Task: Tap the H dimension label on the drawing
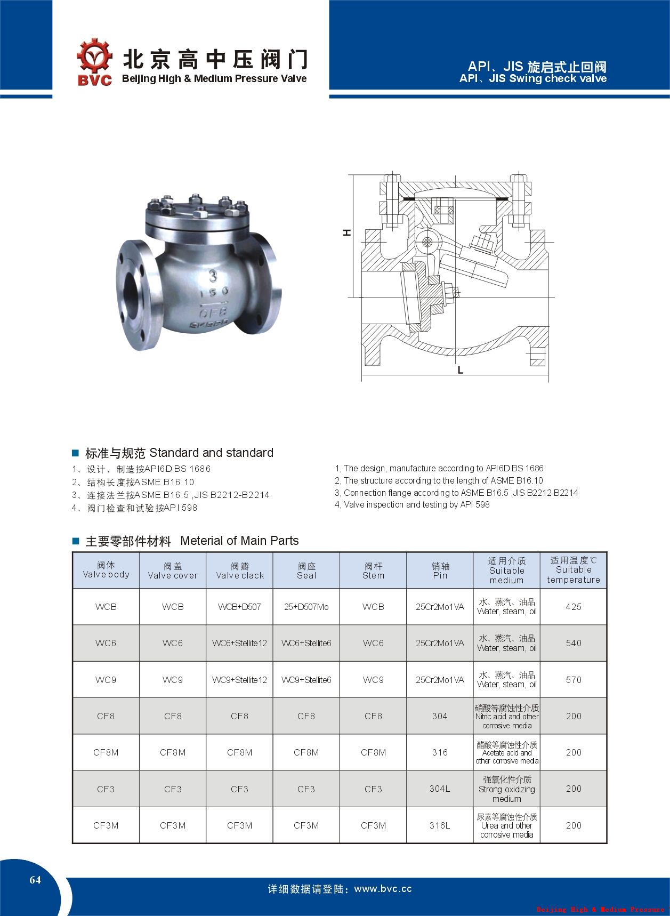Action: point(347,232)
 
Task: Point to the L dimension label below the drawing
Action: point(461,370)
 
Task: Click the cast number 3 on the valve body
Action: point(213,276)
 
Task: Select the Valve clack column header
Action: point(239,571)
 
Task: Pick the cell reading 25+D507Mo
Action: point(306,607)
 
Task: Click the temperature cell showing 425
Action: point(574,607)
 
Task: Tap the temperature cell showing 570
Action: point(574,680)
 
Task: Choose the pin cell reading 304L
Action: point(440,789)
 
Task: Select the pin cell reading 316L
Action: point(440,825)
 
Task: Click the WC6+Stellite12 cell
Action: point(239,643)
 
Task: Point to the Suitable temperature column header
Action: point(574,570)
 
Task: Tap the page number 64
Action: point(35,880)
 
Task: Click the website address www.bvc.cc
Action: point(383,889)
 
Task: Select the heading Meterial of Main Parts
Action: point(239,541)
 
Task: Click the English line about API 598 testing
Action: point(412,504)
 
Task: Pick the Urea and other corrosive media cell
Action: point(506,825)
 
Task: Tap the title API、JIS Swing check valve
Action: point(533,79)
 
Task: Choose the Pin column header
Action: point(440,571)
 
